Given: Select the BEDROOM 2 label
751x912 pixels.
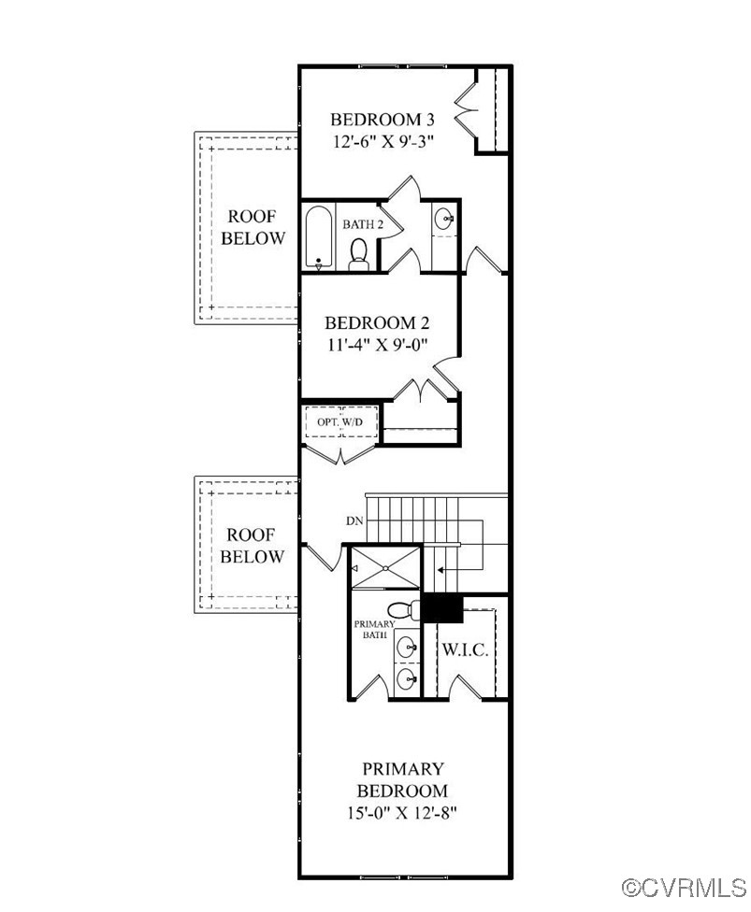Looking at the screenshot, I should [377, 323].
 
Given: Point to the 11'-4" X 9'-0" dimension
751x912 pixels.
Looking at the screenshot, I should [377, 344].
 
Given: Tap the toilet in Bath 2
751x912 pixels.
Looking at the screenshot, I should [357, 253].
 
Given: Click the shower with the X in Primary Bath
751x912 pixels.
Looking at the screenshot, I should [384, 568].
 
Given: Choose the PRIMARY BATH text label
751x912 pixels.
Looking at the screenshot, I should [372, 629].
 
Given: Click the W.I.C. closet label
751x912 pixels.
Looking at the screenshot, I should [465, 649].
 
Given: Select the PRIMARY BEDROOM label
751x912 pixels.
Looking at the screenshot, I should [403, 779].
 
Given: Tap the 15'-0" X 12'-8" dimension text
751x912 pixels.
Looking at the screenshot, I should [403, 812].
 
